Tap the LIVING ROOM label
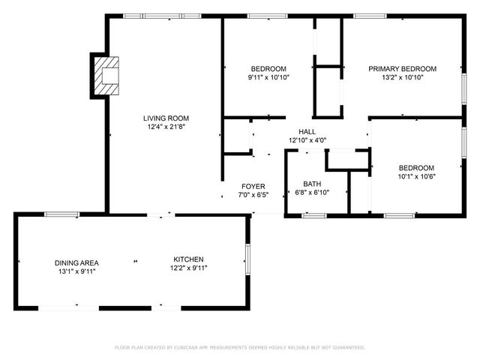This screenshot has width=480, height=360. (x=166, y=118)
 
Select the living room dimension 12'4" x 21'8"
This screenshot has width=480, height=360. (x=166, y=127)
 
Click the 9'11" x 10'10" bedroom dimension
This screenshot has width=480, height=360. (x=268, y=77)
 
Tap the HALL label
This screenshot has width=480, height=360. (x=307, y=130)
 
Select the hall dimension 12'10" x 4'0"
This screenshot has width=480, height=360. (x=307, y=139)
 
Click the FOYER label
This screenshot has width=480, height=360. (x=253, y=186)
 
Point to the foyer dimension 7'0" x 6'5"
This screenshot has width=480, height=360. (x=253, y=195)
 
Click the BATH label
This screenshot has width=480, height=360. (x=312, y=184)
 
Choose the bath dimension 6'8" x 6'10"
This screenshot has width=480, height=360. (x=312, y=193)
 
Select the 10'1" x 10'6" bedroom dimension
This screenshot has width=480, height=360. (x=416, y=177)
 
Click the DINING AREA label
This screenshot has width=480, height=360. (x=76, y=262)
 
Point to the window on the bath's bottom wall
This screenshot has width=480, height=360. (x=314, y=216)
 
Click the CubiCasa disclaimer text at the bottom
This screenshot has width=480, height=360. (x=239, y=347)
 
